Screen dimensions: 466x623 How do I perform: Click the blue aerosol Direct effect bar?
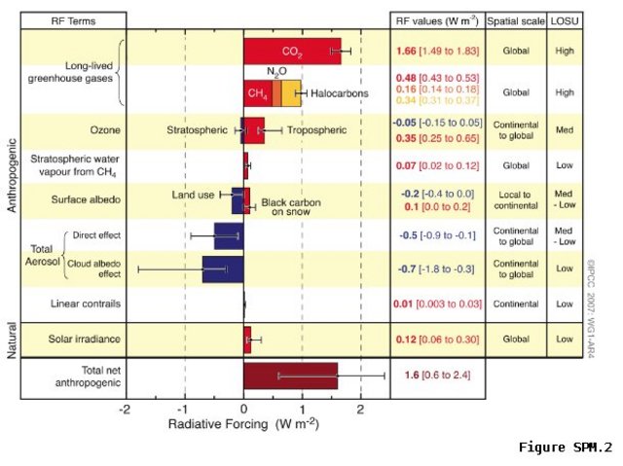coord(228,235)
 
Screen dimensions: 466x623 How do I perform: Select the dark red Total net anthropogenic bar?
coord(290,376)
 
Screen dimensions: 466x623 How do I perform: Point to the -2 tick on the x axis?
coord(125,409)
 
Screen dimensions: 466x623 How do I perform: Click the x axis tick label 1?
coord(302,409)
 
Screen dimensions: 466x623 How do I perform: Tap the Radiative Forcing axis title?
coord(242,426)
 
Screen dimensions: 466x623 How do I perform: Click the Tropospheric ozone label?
coord(322,127)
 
